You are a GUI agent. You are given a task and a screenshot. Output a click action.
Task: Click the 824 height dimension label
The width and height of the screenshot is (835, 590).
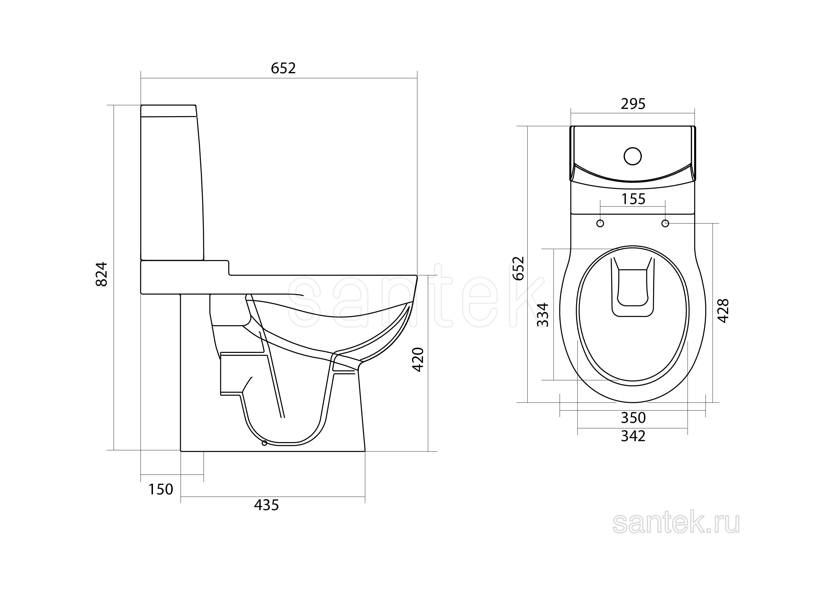click(x=102, y=274)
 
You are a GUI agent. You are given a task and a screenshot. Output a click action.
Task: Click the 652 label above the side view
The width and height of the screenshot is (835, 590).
click(x=283, y=68)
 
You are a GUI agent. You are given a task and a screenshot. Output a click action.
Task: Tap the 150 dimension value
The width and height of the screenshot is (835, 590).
click(x=160, y=490)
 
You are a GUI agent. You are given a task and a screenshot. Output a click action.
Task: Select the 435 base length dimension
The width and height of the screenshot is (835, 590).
click(x=267, y=505)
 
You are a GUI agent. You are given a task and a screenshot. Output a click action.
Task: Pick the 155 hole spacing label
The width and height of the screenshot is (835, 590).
click(x=633, y=199)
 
